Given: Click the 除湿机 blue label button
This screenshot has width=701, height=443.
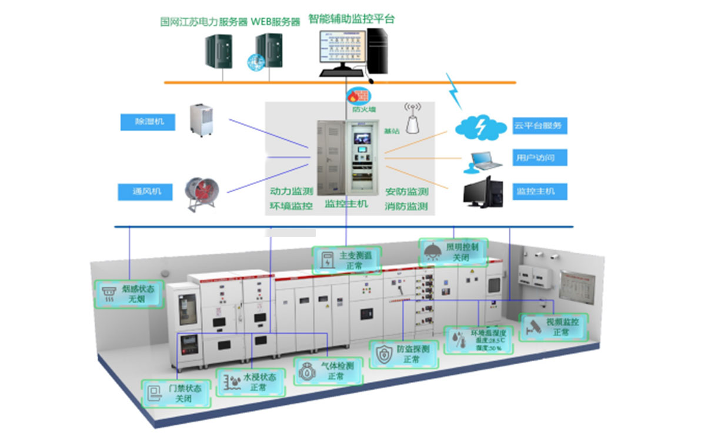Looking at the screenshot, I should click(146, 122).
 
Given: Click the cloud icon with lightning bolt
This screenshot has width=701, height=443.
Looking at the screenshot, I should click(481, 127).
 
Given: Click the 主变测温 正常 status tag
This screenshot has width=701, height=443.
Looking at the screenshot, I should click(346, 260).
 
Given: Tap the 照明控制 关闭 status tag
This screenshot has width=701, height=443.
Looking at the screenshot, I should click(452, 252).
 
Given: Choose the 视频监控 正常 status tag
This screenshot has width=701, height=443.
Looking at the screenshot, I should click(554, 327).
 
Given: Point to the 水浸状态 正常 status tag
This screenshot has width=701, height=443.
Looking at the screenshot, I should click(251, 382).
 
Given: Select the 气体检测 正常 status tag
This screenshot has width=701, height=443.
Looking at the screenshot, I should click(329, 371).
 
